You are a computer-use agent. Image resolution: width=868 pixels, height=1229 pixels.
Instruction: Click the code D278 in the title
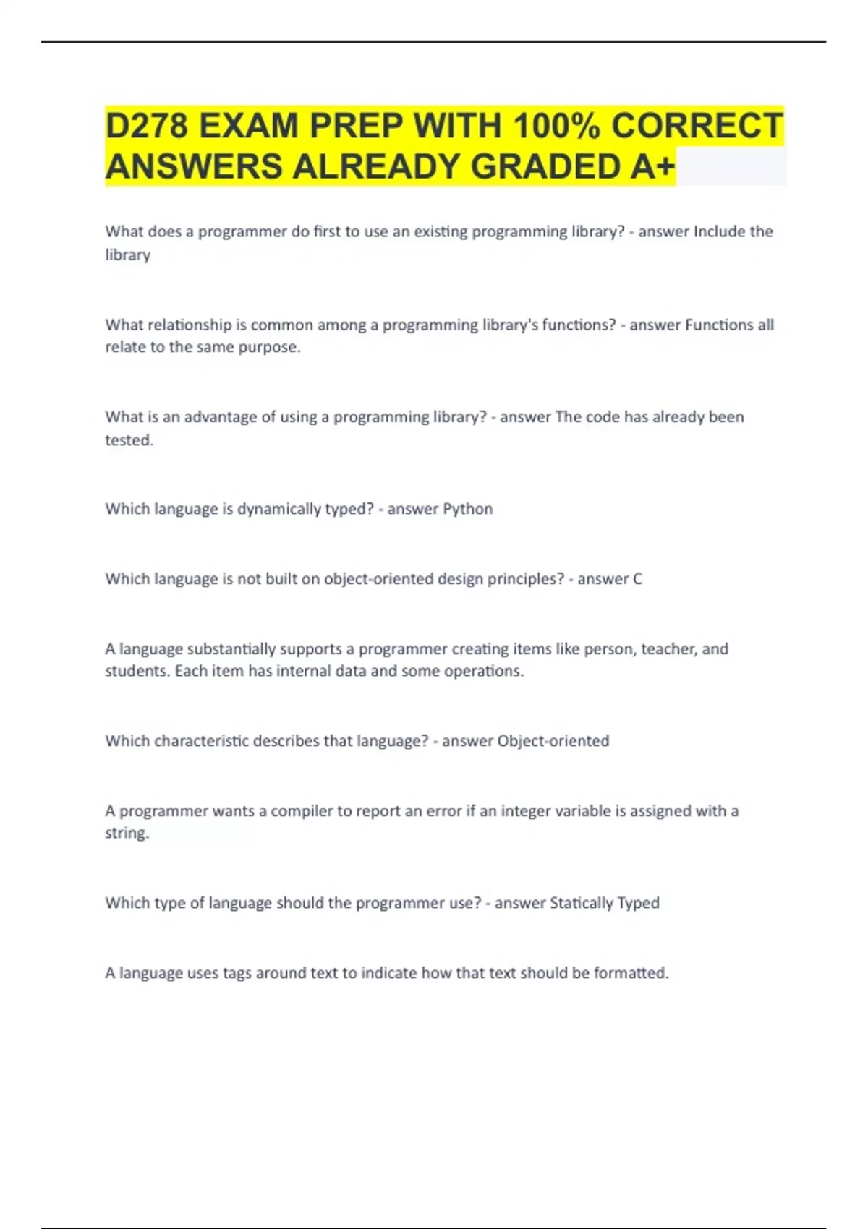point(148,126)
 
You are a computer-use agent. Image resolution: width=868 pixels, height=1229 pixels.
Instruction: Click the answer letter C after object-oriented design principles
point(637,579)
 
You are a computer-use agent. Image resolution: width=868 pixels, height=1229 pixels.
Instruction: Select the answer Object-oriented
point(553,741)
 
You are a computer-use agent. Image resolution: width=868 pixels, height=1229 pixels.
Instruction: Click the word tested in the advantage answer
point(128,440)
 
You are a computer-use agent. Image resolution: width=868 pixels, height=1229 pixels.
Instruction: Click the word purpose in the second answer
point(272,347)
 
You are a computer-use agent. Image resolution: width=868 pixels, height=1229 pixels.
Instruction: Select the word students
point(137,671)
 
